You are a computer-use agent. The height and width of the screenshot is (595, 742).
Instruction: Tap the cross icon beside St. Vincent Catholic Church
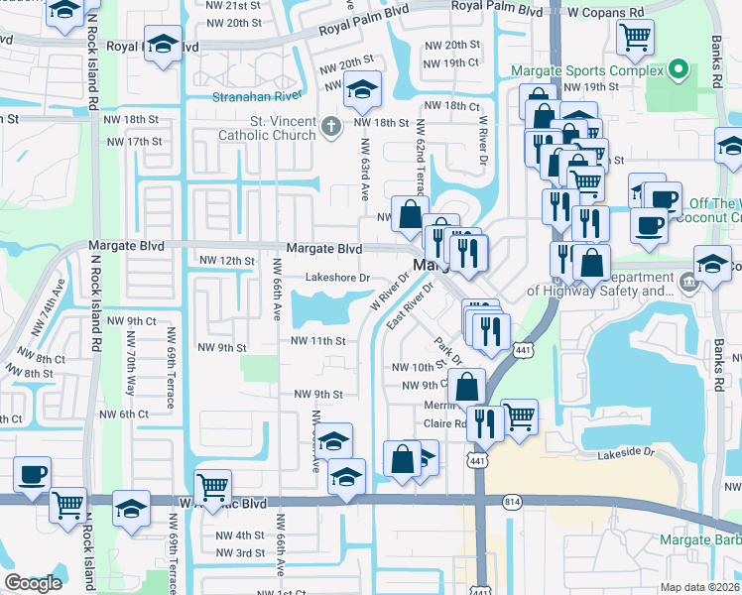(x=332, y=125)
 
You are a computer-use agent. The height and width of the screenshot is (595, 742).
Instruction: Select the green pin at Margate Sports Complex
(x=679, y=69)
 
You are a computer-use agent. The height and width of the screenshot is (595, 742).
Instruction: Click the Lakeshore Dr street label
(x=337, y=278)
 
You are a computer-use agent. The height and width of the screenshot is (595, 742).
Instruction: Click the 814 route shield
(x=512, y=503)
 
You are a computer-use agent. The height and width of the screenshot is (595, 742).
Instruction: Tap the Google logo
(x=33, y=583)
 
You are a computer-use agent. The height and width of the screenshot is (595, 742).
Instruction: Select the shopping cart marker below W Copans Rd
(x=635, y=39)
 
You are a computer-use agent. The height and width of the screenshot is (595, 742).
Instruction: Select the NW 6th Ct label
(x=123, y=414)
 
